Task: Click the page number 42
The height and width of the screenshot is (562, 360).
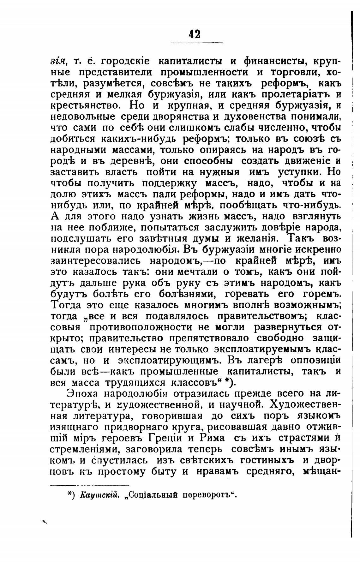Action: pos(194,34)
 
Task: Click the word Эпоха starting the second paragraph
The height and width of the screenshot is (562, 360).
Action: pos(83,394)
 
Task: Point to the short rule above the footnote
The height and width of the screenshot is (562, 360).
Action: pos(90,485)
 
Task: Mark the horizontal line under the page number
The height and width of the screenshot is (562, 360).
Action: pos(197,43)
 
